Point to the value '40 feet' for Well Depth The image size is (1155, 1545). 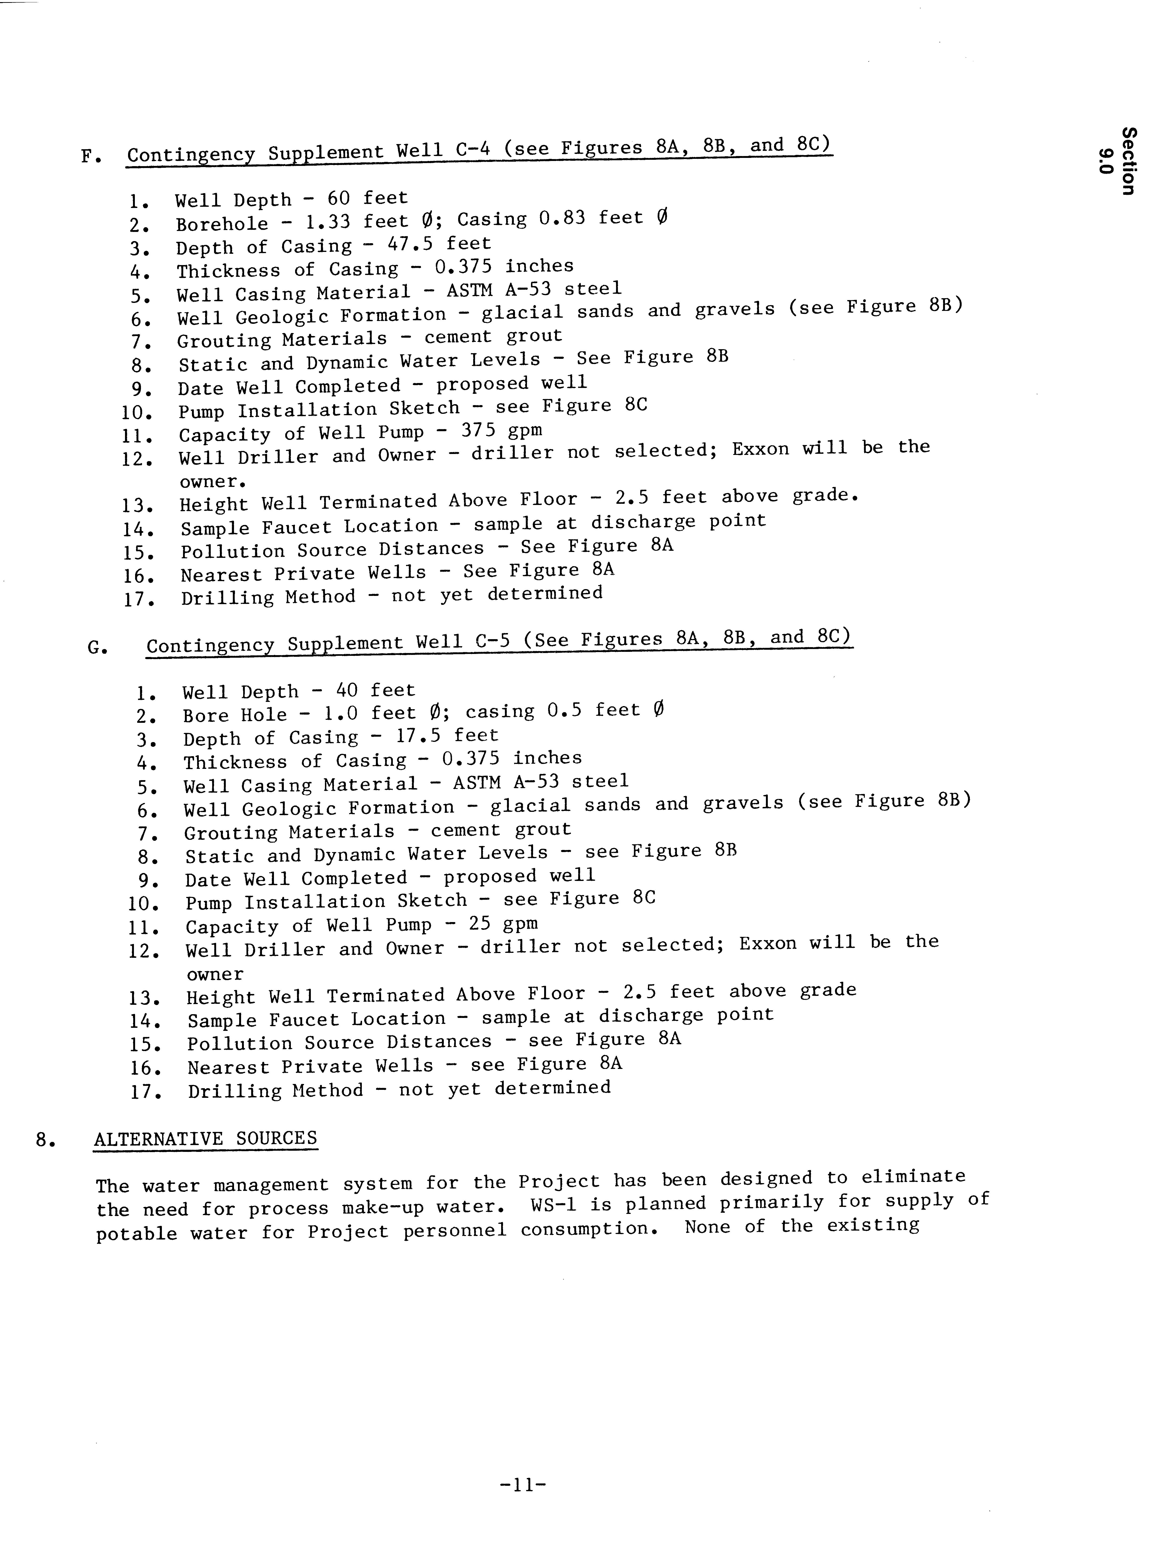click(375, 690)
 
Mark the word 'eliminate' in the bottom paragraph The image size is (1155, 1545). click(913, 1177)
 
